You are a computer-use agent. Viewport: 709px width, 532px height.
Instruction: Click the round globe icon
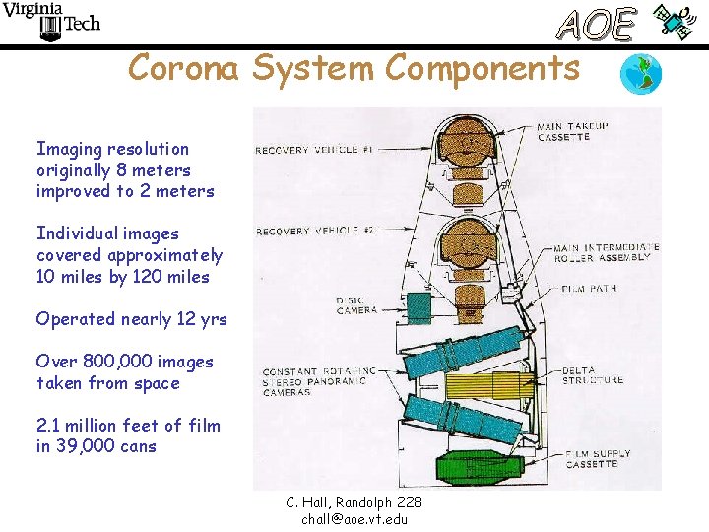point(641,74)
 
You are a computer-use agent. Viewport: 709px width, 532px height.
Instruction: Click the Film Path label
point(590,289)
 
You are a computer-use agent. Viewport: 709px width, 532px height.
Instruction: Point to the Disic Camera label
point(356,305)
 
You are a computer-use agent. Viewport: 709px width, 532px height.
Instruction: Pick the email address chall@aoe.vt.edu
point(354,519)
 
